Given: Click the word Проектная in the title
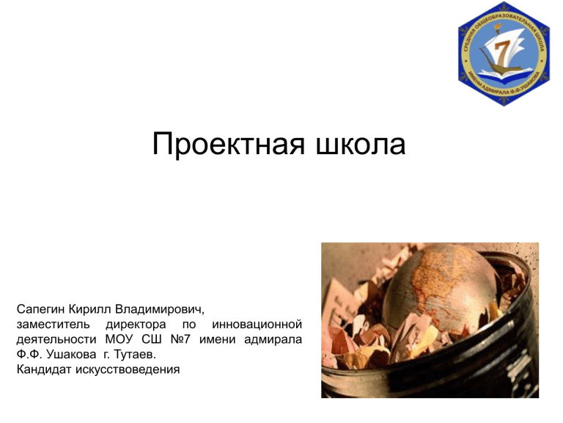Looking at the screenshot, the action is pyautogui.click(x=229, y=144).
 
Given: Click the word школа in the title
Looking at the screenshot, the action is pyautogui.click(x=361, y=144).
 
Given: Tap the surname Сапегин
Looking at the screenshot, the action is pyautogui.click(x=40, y=309).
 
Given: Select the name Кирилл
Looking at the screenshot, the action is pyautogui.click(x=89, y=309).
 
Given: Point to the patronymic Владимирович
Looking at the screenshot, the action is pyautogui.click(x=159, y=309).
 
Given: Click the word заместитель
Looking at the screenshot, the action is pyautogui.click(x=53, y=325).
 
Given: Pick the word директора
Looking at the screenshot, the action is pyautogui.click(x=136, y=325).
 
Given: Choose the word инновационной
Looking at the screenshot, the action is pyautogui.click(x=257, y=325).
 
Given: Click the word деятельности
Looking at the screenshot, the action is pyautogui.click(x=56, y=339).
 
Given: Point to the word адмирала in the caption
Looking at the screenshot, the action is pyautogui.click(x=273, y=339).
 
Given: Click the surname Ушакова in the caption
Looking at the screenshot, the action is pyautogui.click(x=71, y=355).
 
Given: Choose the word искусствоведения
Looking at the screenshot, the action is pyautogui.click(x=128, y=370).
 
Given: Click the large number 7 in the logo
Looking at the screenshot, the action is pyautogui.click(x=503, y=51).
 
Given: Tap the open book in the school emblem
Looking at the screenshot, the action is pyautogui.click(x=504, y=73).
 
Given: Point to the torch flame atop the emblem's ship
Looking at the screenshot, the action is pyautogui.click(x=498, y=26).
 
